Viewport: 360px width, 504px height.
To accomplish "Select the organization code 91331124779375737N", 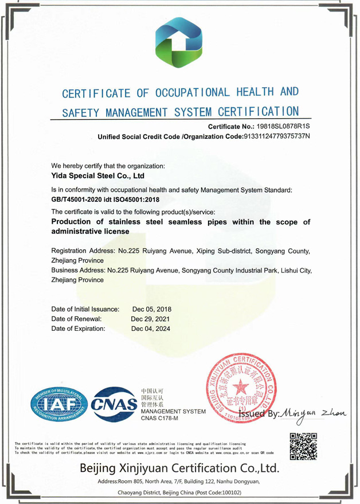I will click(x=276, y=136).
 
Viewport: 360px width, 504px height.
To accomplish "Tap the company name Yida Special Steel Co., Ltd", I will click(x=97, y=175).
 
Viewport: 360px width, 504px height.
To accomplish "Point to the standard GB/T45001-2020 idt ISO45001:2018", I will click(x=105, y=200).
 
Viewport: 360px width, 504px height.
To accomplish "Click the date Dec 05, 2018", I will click(x=151, y=309).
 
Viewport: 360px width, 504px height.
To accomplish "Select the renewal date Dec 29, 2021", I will click(x=151, y=319).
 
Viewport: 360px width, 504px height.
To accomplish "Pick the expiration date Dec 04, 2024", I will click(x=151, y=329).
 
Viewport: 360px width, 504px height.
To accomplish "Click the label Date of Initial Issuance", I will click(x=85, y=309).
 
